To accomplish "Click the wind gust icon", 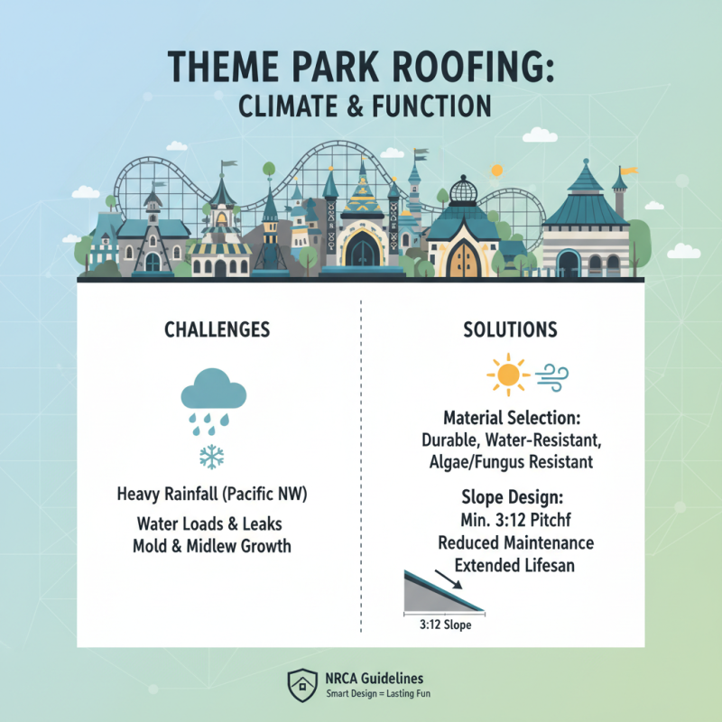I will [550, 374].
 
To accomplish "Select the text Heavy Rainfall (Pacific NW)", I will [217, 495].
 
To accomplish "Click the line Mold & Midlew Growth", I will [217, 545].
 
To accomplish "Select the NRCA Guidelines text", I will [374, 678].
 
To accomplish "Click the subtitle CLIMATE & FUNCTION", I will [365, 106].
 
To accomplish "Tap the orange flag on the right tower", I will [626, 169].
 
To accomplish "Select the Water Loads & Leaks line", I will [217, 523].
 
